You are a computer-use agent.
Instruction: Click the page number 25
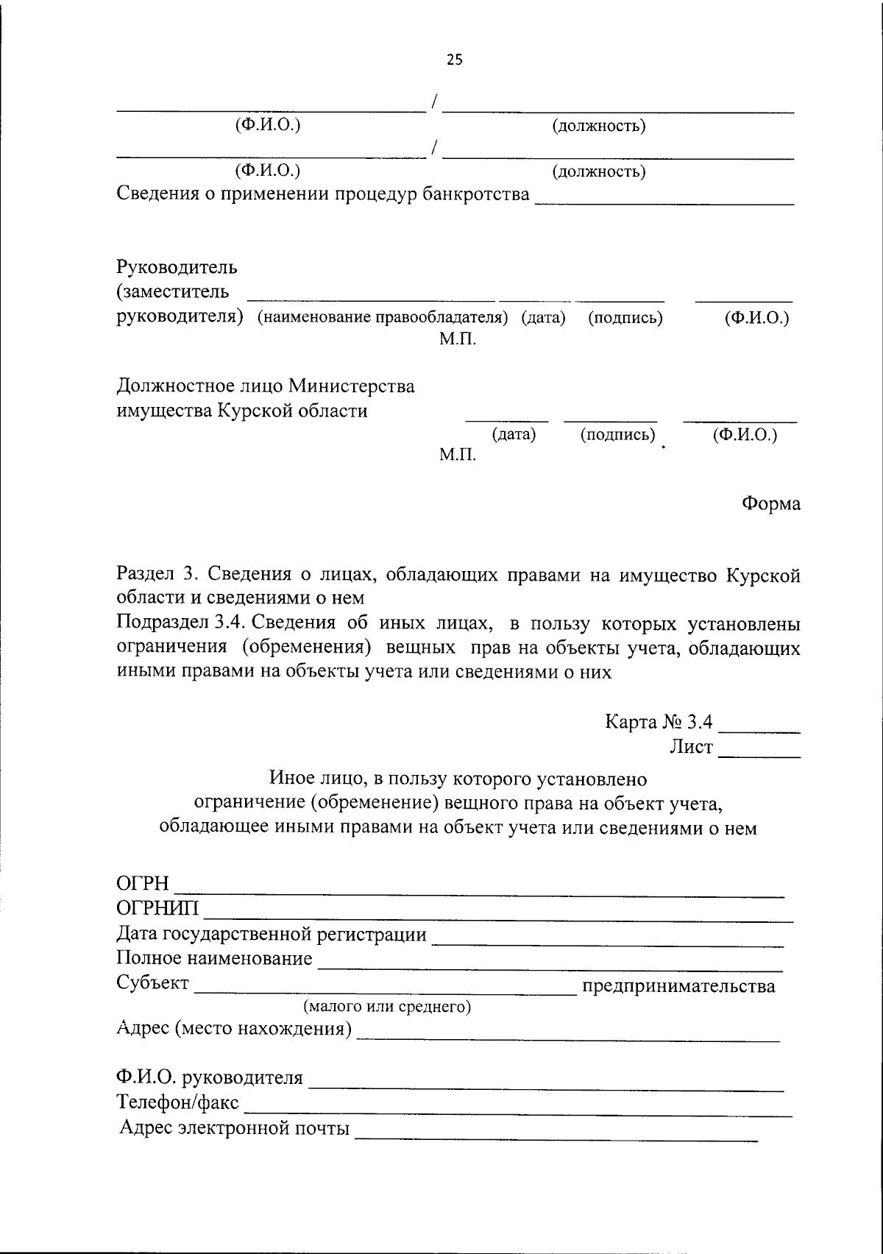click(455, 60)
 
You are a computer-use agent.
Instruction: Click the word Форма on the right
click(770, 504)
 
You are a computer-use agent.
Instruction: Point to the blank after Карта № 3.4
click(759, 729)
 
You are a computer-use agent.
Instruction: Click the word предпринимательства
click(678, 986)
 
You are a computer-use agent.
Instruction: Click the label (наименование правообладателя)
click(383, 318)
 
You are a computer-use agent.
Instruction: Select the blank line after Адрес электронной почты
click(556, 1138)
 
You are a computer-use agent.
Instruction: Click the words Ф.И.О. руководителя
click(210, 1078)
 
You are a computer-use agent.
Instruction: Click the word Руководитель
click(177, 266)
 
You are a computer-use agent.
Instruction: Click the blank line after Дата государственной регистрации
click(608, 943)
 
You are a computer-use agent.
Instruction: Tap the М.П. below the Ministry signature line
click(458, 456)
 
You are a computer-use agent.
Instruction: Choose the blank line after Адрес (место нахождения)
click(568, 1038)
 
